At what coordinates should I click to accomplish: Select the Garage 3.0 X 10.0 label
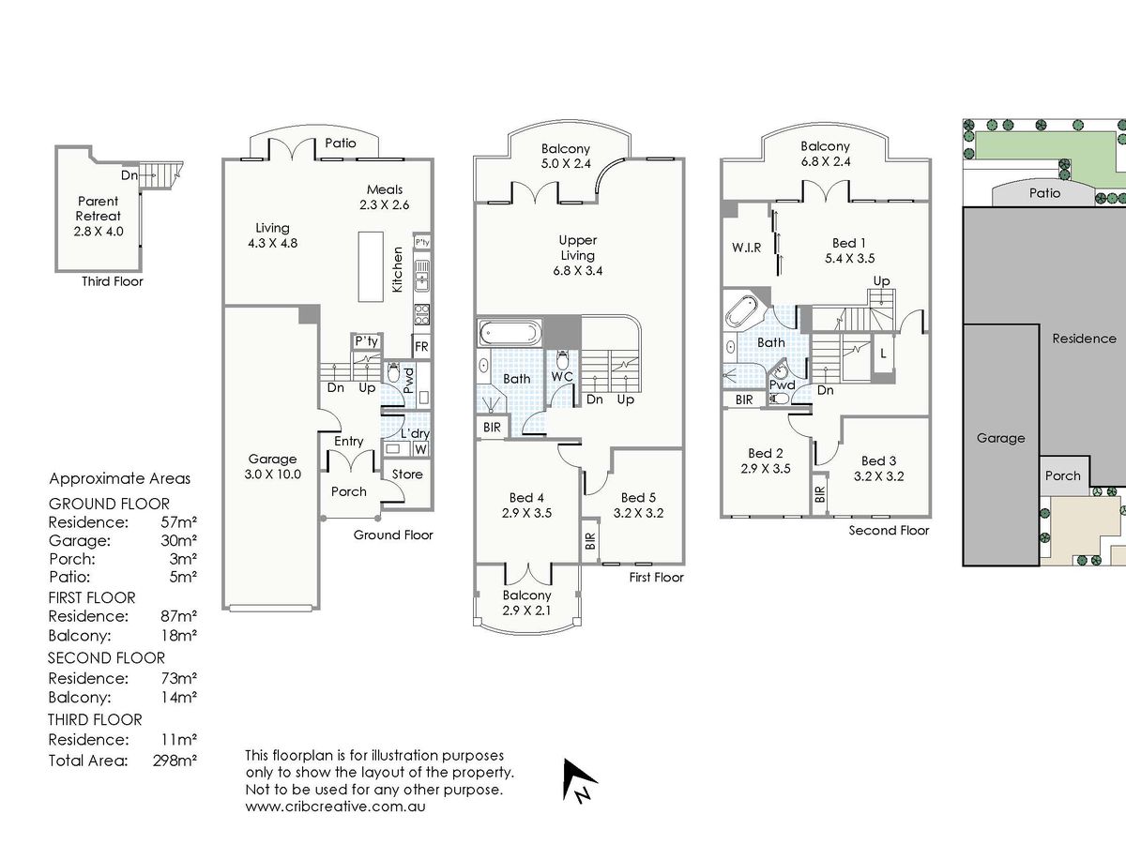pyautogui.click(x=272, y=466)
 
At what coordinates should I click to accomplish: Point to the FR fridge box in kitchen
pyautogui.click(x=421, y=347)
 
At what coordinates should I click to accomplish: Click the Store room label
pyautogui.click(x=407, y=475)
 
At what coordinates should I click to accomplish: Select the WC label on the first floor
pyautogui.click(x=562, y=376)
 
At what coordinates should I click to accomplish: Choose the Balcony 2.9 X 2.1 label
pyautogui.click(x=526, y=603)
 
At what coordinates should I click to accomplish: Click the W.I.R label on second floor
pyautogui.click(x=747, y=248)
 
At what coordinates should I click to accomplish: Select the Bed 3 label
pyautogui.click(x=878, y=468)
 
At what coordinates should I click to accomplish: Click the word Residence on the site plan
pyautogui.click(x=1084, y=339)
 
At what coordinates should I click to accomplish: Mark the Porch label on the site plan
pyautogui.click(x=1063, y=475)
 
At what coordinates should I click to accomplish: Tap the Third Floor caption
pyautogui.click(x=113, y=281)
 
